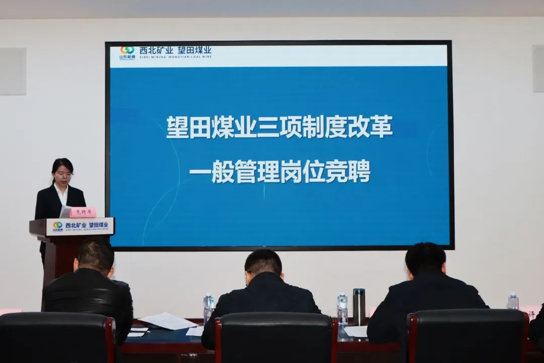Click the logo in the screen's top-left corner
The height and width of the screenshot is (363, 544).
pyautogui.click(x=127, y=52)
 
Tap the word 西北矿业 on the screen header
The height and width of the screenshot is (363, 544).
pyautogui.click(x=156, y=50)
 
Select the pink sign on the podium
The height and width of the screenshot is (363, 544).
pyautogui.click(x=83, y=212)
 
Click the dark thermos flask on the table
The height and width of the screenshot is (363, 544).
pyautogui.click(x=359, y=307)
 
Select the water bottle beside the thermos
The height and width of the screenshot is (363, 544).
pyautogui.click(x=343, y=309)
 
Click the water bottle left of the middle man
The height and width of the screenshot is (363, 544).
pyautogui.click(x=208, y=308)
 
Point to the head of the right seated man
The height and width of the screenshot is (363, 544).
pyautogui.click(x=426, y=260)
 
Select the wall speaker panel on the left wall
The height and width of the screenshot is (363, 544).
pyautogui.click(x=13, y=71)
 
